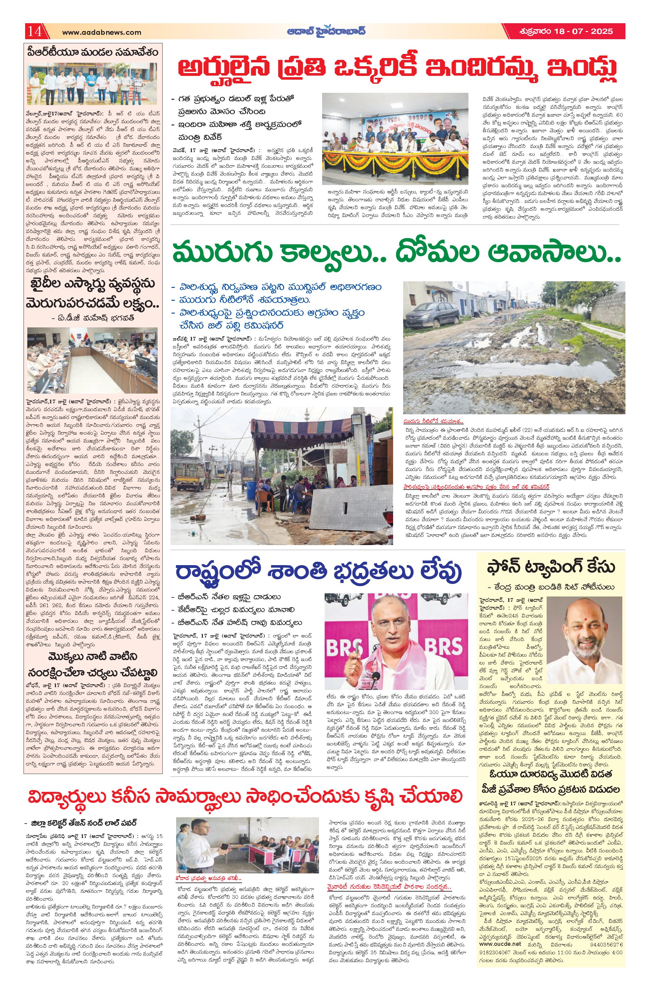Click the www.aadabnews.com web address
[102, 32]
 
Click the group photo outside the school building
[93, 84]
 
